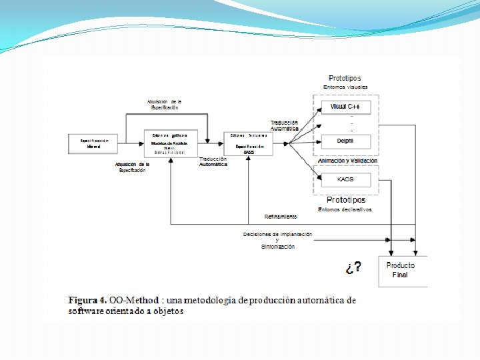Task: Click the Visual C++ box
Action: (345, 107)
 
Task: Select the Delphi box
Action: (345, 141)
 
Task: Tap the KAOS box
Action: (345, 179)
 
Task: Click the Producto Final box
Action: (401, 270)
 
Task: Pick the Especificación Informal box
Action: (93, 143)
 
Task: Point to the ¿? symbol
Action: (354, 267)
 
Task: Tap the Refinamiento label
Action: (281, 217)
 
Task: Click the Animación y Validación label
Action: (347, 161)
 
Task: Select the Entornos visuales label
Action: (345, 87)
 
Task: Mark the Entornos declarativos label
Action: (345, 209)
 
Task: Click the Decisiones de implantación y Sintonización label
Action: (277, 240)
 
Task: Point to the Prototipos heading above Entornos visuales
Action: (345, 79)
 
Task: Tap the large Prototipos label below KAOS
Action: (345, 200)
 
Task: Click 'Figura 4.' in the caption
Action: (87, 301)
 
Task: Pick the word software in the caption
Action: (86, 311)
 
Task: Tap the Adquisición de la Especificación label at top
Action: (164, 104)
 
